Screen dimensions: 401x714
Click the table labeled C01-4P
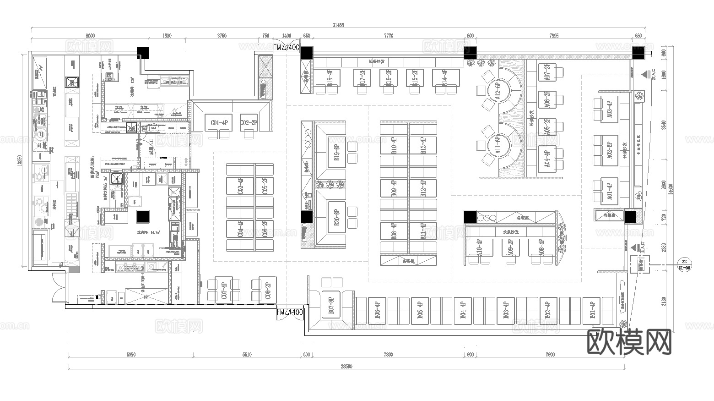(x=219, y=122)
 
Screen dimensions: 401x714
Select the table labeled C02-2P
(x=249, y=122)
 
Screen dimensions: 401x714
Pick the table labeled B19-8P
(x=337, y=152)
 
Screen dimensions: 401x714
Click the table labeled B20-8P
(x=337, y=217)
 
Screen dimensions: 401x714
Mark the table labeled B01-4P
(x=592, y=310)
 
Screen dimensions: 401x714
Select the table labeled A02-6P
(x=609, y=150)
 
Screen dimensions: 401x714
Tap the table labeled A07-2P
(x=547, y=72)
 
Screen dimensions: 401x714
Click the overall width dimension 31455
(x=338, y=25)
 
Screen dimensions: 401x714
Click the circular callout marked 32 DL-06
(x=684, y=265)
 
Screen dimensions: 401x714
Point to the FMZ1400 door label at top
(x=287, y=47)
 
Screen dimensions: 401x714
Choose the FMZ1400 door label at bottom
(x=290, y=312)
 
